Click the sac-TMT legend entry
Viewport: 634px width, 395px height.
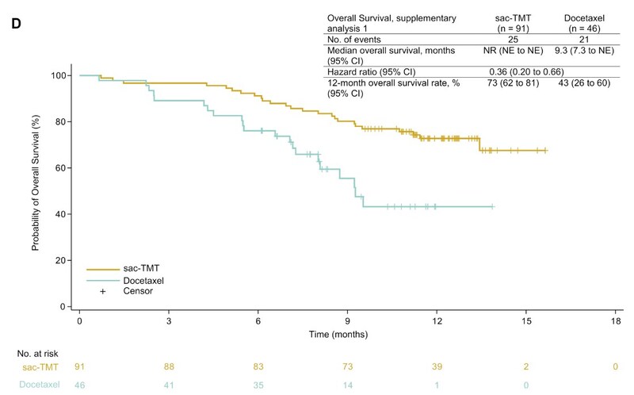(x=135, y=270)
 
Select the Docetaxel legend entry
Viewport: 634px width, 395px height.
(x=139, y=281)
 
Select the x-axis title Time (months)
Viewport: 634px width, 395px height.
(x=347, y=334)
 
